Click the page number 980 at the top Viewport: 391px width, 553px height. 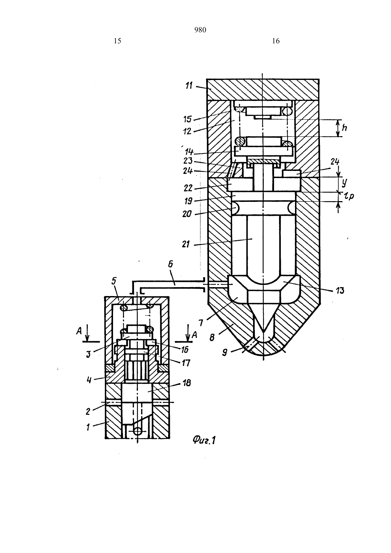coord(200,30)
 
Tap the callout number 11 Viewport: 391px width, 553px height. coord(189,86)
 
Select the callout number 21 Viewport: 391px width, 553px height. coord(186,244)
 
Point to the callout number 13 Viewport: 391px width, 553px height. coord(340,291)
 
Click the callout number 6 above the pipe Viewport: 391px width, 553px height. coord(171,264)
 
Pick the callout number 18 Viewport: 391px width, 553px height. coord(187,383)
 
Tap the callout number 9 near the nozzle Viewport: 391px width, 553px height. coord(224,353)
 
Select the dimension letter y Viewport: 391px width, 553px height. coord(344,182)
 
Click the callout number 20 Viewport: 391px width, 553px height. coord(187,214)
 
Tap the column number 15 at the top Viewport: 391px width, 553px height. coord(118,41)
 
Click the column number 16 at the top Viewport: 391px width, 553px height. coord(276,41)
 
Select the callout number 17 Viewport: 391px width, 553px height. coord(186,363)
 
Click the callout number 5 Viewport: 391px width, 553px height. coord(114,281)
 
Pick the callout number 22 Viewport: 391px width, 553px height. coord(188,188)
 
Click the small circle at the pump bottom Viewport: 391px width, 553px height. coord(138,431)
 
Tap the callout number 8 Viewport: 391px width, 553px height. coord(212,337)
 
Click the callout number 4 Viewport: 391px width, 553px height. coord(89,380)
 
